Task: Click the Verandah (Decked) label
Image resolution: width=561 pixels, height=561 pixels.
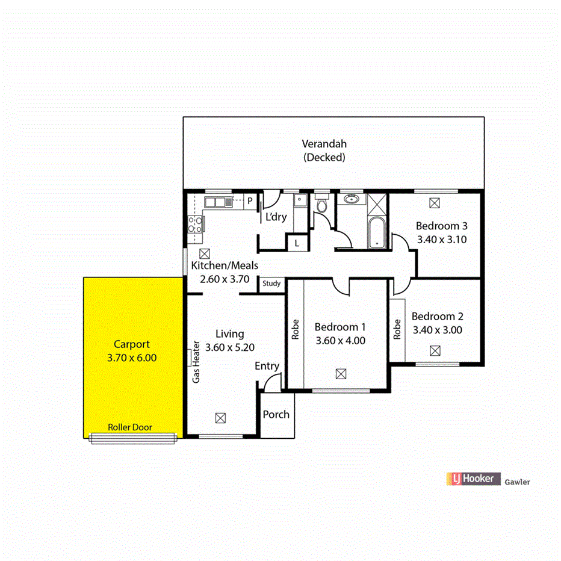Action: point(324,150)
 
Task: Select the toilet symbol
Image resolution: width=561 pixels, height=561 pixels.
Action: point(322,205)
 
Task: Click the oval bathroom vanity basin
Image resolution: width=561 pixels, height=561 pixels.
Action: point(350,199)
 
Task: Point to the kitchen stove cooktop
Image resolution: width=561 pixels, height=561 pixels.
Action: point(196,225)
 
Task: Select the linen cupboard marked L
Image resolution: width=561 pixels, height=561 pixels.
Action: point(297,243)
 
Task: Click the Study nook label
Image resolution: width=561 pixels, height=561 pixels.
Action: point(271,284)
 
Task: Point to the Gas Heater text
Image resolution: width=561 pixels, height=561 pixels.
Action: point(196,363)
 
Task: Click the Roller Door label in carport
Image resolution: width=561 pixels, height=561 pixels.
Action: point(130,427)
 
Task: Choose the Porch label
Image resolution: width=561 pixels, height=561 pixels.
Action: point(276,414)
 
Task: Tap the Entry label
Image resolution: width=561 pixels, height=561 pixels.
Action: point(267,366)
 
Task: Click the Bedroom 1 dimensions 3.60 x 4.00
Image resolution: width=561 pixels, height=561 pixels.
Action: point(340,341)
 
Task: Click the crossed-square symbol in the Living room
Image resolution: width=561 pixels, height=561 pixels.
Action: point(221,417)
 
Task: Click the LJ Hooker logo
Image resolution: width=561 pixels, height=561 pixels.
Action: point(473,479)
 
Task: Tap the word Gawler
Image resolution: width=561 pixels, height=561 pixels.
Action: point(517,482)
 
